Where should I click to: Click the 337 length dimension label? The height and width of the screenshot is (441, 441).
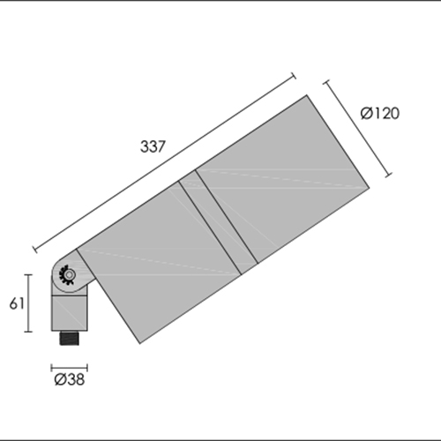pos(153,146)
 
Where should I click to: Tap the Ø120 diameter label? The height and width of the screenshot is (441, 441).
pos(380,113)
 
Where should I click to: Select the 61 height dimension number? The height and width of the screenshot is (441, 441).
pos(17,303)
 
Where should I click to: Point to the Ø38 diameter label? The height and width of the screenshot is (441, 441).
pos(70,379)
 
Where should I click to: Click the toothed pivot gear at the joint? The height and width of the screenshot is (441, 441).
pos(67,275)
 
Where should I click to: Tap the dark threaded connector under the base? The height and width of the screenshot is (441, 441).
pos(70,338)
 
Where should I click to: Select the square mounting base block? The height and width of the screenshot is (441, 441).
pos(70,313)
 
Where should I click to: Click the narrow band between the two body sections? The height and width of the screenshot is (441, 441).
pos(218,222)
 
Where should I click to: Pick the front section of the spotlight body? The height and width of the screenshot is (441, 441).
pos(282,179)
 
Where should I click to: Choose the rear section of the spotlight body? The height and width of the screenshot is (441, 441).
pos(159,262)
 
